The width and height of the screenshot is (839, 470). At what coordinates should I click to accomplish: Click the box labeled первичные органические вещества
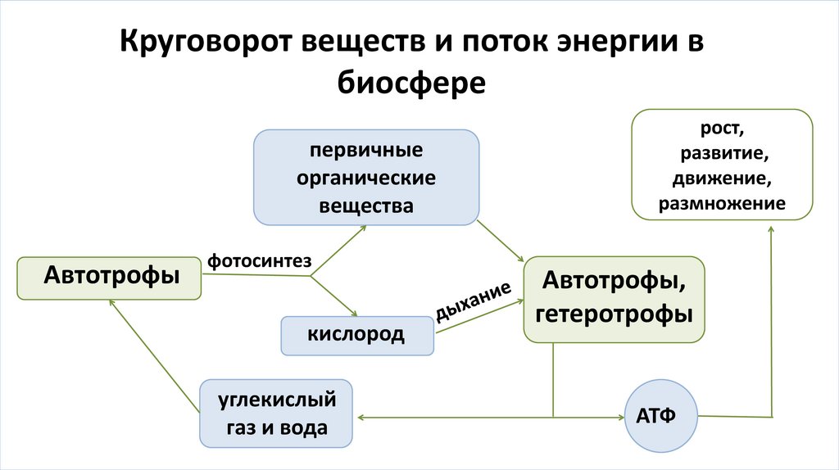365,178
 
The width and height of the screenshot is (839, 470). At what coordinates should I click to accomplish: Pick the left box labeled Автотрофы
111,277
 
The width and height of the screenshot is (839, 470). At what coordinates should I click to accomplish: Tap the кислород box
356,335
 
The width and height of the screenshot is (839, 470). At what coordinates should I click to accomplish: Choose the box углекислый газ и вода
276,414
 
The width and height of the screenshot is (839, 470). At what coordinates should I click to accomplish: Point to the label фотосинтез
259,261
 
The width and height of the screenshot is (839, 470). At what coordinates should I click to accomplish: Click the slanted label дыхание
474,302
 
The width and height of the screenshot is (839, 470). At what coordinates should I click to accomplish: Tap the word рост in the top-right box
722,130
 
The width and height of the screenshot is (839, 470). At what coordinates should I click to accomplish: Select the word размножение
722,203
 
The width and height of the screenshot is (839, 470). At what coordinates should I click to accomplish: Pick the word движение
722,179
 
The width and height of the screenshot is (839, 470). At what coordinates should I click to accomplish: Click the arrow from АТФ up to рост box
770,328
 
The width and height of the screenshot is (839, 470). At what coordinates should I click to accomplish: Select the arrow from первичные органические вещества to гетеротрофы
501,240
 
